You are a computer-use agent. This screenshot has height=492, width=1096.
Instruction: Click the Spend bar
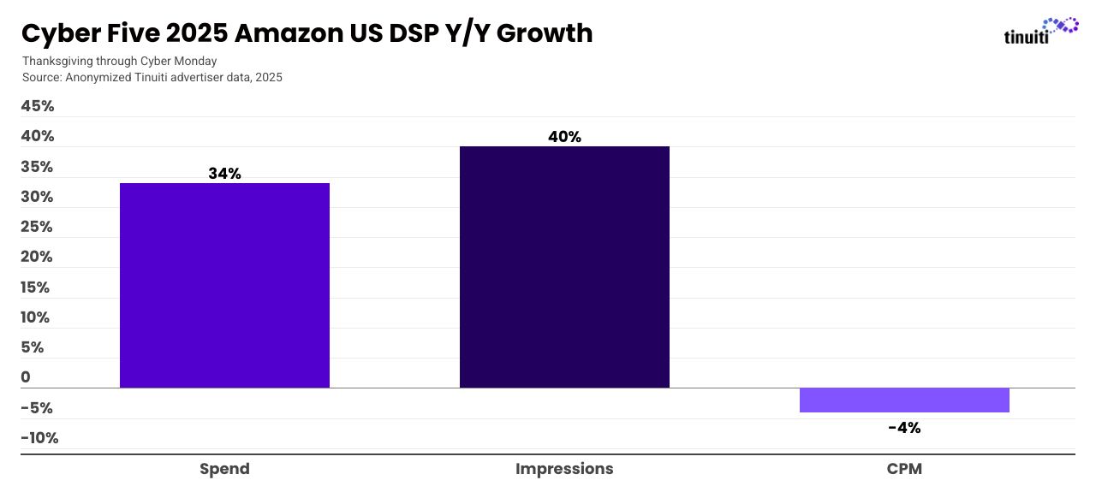click(224, 285)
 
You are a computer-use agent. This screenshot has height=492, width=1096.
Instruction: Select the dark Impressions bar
click(564, 267)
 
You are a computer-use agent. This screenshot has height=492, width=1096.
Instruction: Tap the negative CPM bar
click(904, 400)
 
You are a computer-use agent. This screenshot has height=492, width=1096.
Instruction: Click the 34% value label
click(224, 174)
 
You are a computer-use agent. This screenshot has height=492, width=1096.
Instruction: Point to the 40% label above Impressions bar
click(564, 137)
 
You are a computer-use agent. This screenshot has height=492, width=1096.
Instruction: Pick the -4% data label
click(904, 428)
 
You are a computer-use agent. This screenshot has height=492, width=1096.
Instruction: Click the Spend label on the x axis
click(224, 469)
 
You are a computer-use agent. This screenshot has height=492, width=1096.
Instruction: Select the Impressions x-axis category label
click(564, 469)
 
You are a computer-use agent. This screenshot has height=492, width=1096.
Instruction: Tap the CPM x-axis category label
click(904, 469)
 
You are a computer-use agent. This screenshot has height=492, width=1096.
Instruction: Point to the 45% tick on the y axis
click(38, 106)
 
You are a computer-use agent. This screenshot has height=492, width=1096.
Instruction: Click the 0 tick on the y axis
click(26, 377)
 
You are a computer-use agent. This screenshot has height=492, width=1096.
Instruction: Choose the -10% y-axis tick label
click(39, 438)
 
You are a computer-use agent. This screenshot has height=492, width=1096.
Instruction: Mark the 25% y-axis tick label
click(38, 227)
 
